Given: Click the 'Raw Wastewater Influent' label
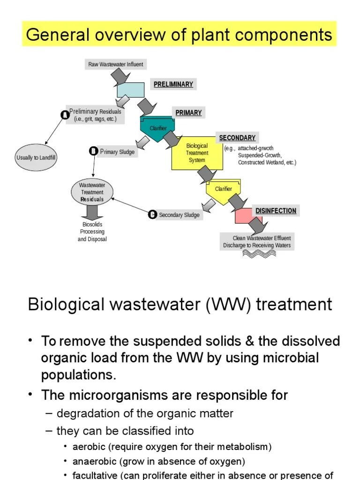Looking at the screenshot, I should [x=116, y=64].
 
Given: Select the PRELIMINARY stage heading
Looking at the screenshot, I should [x=173, y=84].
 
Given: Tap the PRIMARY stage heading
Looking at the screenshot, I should [x=188, y=112].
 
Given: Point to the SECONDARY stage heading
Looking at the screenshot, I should [x=237, y=138].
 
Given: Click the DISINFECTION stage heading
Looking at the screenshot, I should [x=276, y=211].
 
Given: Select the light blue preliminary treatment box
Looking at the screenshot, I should [x=130, y=90].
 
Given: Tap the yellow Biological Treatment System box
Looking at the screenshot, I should [x=197, y=153].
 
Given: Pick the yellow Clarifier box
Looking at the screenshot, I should [x=223, y=189].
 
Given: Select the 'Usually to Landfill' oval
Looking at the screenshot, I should [x=36, y=158].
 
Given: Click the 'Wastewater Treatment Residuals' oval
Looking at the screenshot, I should [x=92, y=192].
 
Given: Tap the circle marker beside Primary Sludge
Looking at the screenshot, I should [x=93, y=151].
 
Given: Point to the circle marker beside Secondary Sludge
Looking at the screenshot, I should [x=152, y=215].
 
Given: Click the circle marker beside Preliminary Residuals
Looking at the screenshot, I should [x=65, y=114].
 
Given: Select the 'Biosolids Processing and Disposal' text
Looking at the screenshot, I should [x=92, y=232].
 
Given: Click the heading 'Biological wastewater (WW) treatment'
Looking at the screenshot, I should [x=180, y=304].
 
